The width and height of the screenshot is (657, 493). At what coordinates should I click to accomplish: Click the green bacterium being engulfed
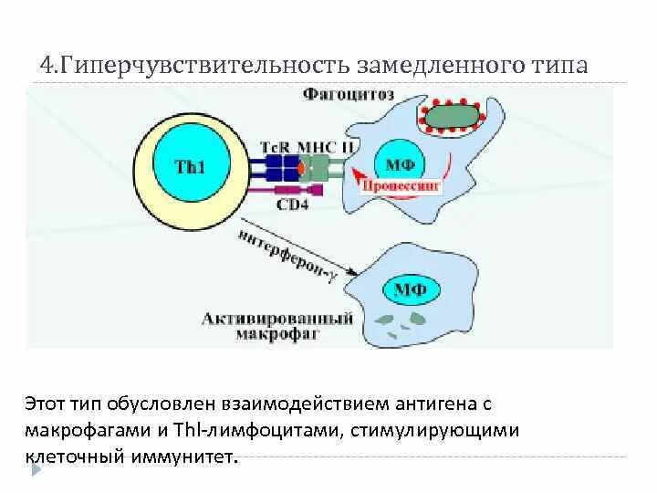pos(454,115)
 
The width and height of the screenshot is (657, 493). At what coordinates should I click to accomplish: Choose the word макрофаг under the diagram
pos(291,335)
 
